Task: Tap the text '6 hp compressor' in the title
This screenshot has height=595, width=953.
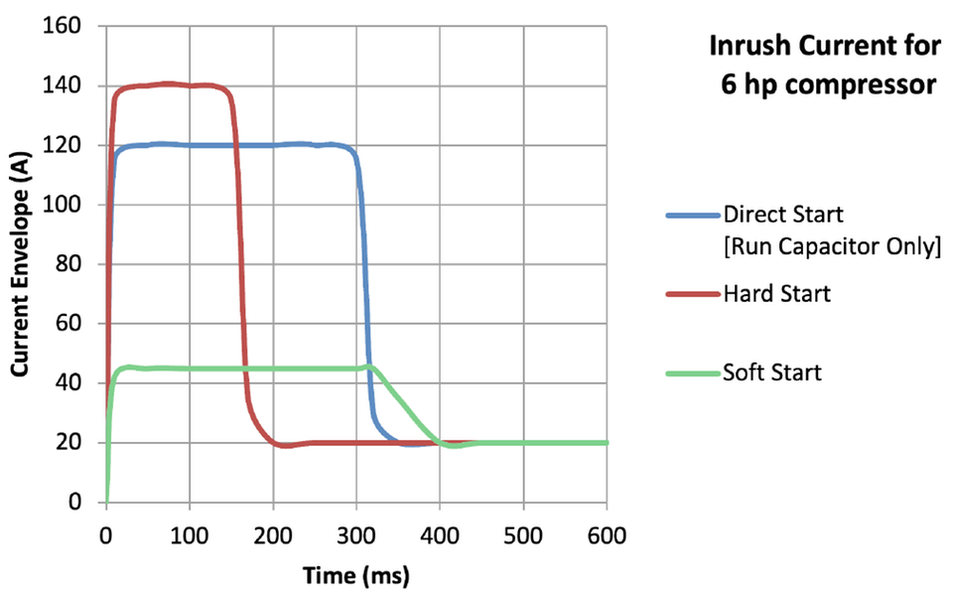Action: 828,84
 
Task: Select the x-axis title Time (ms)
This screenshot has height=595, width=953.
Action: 356,574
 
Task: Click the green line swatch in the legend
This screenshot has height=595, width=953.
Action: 688,373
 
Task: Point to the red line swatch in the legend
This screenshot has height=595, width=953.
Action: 688,295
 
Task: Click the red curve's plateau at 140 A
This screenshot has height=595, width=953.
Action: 169,84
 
